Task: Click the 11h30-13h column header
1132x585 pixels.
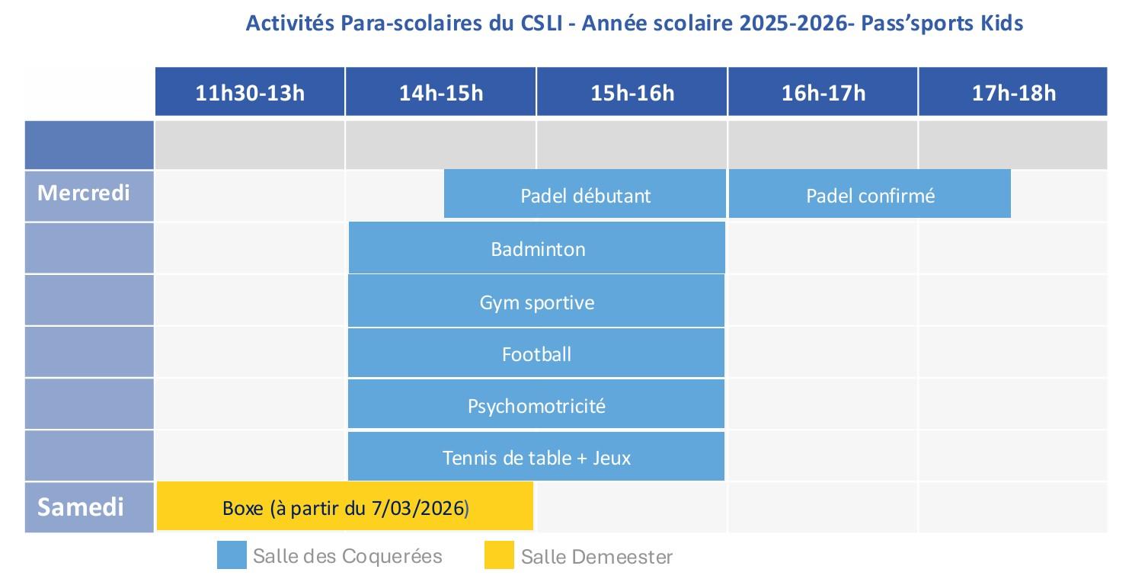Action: coord(250,93)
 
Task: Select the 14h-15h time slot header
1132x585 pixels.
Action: coord(441,93)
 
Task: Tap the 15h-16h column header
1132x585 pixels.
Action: coord(632,93)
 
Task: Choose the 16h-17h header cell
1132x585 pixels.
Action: coord(823,93)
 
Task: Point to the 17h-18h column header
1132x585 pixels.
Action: coord(1014,93)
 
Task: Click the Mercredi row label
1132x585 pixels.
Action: coord(84,193)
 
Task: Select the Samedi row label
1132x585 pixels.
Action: coord(81,507)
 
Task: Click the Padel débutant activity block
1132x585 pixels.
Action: coord(585,196)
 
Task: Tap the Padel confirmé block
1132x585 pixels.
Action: coord(870,196)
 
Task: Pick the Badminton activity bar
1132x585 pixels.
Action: coord(537,249)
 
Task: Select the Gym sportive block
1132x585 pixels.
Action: coord(537,302)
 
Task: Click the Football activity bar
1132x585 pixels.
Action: coord(537,354)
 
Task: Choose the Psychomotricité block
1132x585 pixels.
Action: coord(537,406)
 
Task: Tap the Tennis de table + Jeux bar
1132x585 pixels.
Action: coord(537,458)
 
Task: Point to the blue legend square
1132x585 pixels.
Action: coord(232,555)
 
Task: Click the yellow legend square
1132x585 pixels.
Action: coord(499,555)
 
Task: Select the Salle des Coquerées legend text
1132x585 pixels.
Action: coord(347,556)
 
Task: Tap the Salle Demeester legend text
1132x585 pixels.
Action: coord(597,557)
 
